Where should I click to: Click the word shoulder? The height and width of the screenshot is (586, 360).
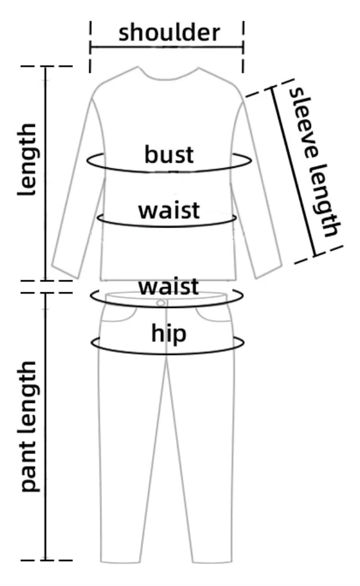tap(169, 32)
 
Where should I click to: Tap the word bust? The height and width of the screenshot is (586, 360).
tap(169, 155)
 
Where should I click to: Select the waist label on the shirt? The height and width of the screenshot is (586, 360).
tap(169, 210)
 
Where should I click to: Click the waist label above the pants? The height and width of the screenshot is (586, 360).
tap(168, 286)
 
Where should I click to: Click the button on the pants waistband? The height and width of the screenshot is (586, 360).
tap(160, 303)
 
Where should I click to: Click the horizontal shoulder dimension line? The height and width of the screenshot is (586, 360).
tap(167, 46)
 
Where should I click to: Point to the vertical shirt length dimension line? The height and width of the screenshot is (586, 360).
tap(46, 174)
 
